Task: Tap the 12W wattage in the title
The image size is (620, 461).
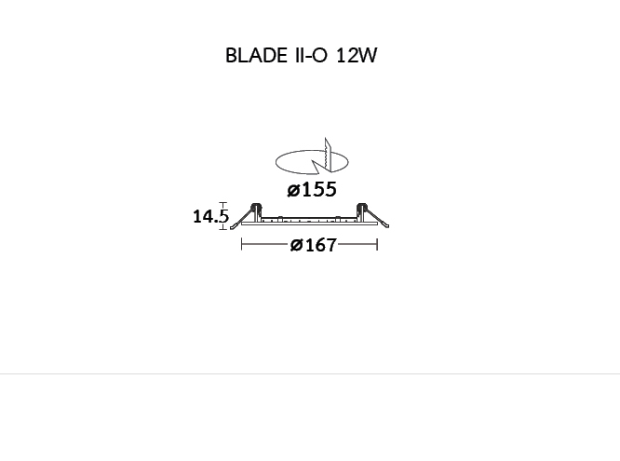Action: tap(357, 56)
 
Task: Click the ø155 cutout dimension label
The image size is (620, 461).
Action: tap(312, 190)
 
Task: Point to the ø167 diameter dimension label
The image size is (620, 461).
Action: tap(313, 245)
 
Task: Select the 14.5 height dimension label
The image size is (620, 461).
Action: tap(209, 217)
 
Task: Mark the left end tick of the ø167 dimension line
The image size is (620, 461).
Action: tap(241, 245)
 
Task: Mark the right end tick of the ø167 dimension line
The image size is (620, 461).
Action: tap(377, 245)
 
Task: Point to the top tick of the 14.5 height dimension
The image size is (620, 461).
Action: tap(222, 203)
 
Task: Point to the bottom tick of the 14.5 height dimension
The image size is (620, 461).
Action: tap(222, 228)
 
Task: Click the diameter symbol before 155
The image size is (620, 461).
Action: tap(293, 191)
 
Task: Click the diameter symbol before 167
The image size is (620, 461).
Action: tap(296, 246)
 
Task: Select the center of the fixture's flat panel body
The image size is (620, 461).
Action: tap(309, 223)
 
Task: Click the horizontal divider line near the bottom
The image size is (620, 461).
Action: tap(310, 374)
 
